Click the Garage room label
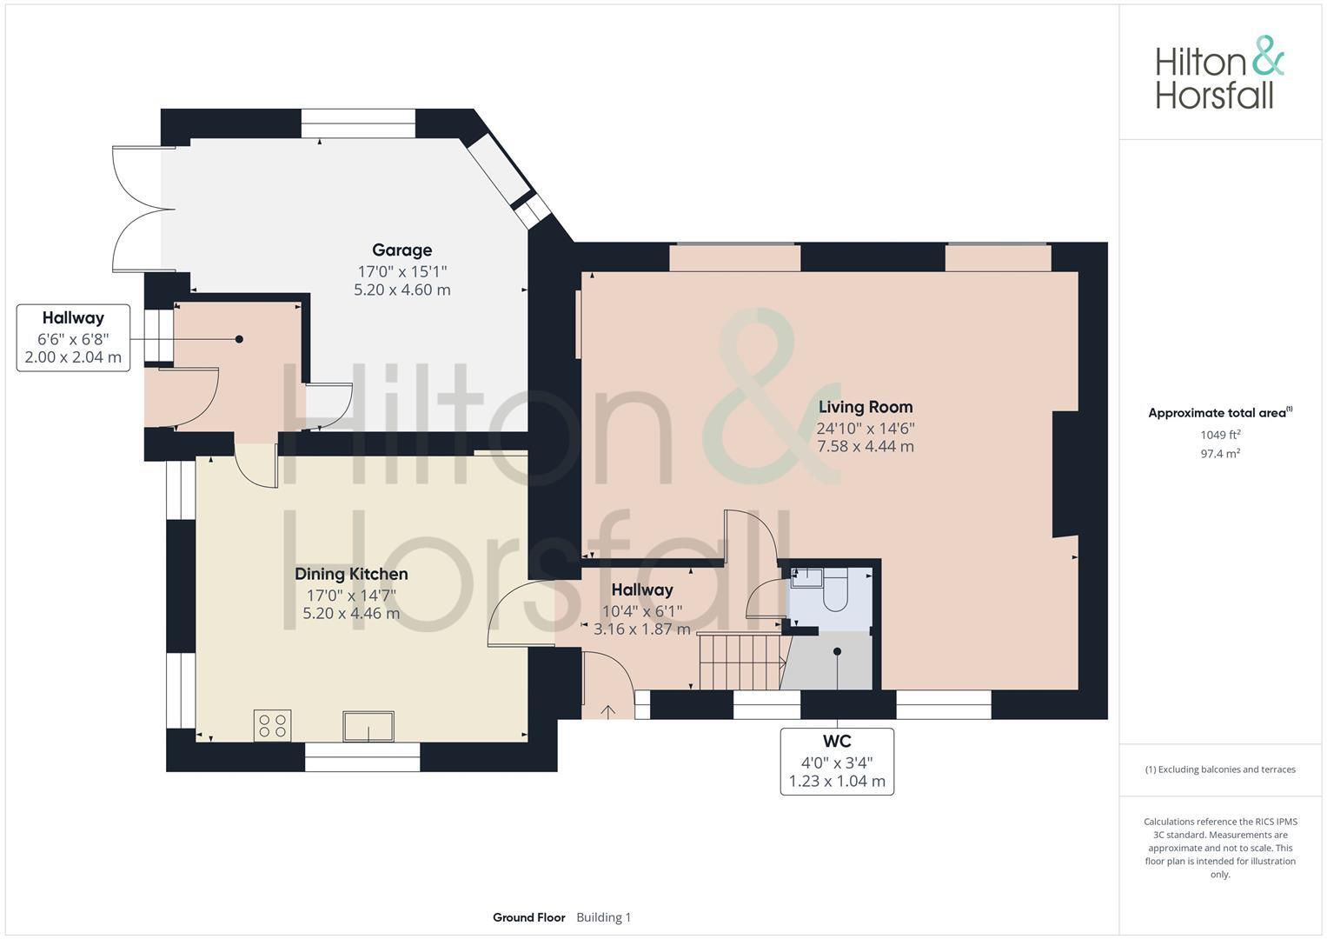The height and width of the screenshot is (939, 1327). tap(401, 250)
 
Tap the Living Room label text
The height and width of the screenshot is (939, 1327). tap(865, 407)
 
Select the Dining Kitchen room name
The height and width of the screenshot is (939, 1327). tap(351, 574)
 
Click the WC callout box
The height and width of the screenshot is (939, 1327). tap(836, 762)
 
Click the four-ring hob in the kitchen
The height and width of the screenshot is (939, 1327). tap(272, 725)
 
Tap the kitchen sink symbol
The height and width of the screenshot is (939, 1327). tap(368, 726)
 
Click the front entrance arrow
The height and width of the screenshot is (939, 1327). tap(608, 711)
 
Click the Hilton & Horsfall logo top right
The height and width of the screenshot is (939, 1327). tap(1218, 73)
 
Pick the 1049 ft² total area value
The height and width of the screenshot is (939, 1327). tap(1220, 435)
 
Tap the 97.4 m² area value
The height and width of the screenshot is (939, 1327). tap(1220, 454)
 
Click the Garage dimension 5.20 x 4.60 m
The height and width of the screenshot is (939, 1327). tap(401, 290)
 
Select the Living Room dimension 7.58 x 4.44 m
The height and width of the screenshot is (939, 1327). tap(865, 446)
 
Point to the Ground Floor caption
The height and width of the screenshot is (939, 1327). tap(528, 917)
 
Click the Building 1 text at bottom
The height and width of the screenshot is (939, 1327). tap(603, 917)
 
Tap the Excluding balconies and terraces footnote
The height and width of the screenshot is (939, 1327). tap(1220, 769)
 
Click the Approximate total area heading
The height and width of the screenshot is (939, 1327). tap(1218, 413)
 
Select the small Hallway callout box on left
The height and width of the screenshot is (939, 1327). tap(73, 337)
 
